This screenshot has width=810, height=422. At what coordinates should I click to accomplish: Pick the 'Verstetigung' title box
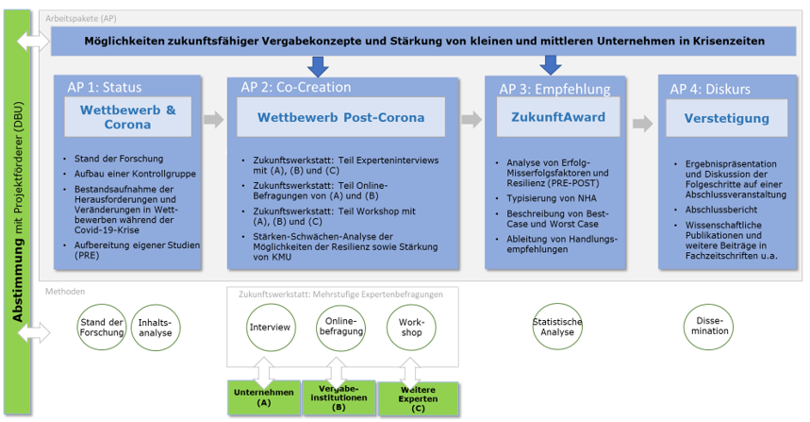pyautogui.click(x=719, y=118)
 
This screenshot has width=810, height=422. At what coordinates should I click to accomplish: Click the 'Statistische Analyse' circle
pyautogui.click(x=558, y=327)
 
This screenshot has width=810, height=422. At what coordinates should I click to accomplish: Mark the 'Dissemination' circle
pyautogui.click(x=710, y=327)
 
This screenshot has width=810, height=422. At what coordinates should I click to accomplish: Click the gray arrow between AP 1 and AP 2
pyautogui.click(x=214, y=120)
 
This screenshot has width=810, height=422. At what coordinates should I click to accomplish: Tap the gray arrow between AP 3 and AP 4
pyautogui.click(x=642, y=123)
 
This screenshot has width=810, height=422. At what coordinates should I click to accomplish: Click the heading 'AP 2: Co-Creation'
pyautogui.click(x=303, y=87)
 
